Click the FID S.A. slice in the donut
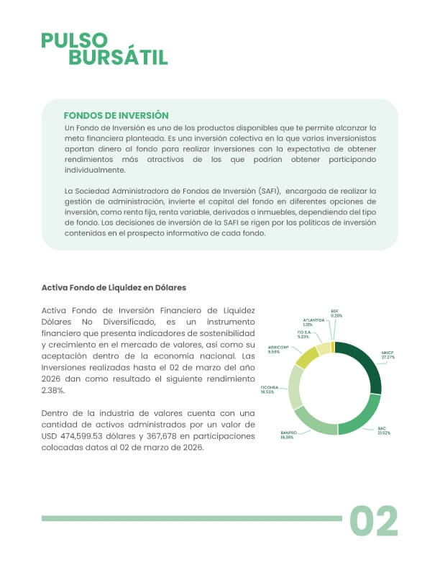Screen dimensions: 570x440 tap(323, 348)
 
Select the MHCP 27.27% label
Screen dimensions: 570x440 tap(388, 355)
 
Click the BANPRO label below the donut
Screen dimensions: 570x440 tap(288, 435)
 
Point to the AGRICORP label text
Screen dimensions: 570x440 tap(278, 350)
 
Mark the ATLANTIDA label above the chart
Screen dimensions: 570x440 tap(313, 322)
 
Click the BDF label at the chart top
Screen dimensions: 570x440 tap(336, 313)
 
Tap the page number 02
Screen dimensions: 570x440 tap(374, 521)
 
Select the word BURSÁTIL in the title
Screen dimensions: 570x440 tap(118, 58)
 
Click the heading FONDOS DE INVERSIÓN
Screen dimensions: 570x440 tap(116, 115)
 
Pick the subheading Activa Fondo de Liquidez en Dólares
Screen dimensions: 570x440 tap(114, 288)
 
